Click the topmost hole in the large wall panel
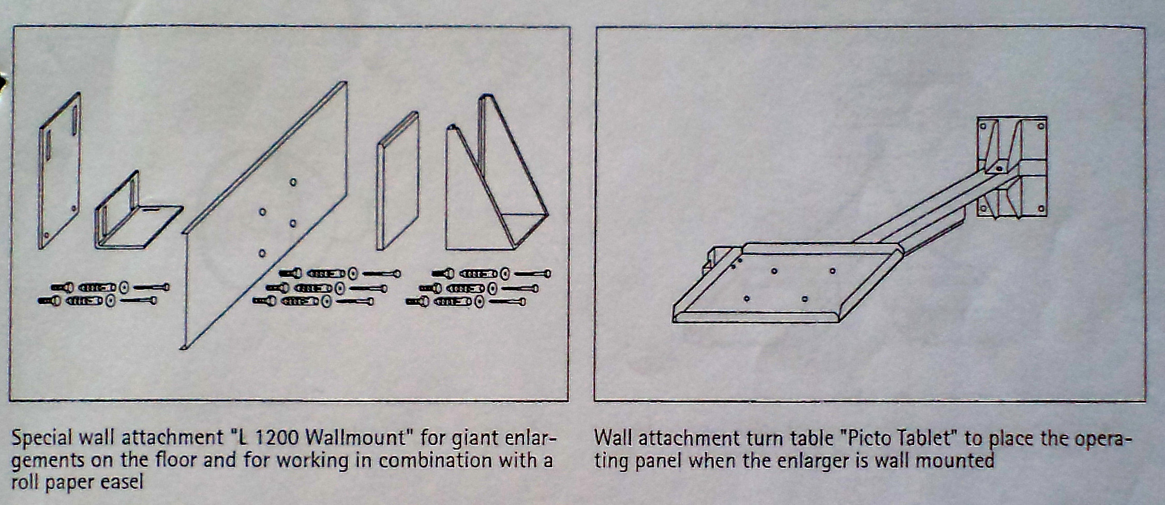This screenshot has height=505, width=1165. (x=293, y=182)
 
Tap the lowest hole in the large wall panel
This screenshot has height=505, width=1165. (x=262, y=253)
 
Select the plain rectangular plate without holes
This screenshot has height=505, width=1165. (x=398, y=181)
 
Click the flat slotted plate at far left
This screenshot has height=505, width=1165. (x=60, y=171)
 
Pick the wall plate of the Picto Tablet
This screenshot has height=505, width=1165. (x=1011, y=167)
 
